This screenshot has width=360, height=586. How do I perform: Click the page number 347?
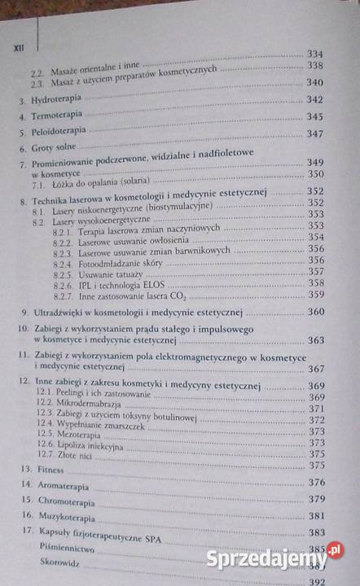tap(315, 133)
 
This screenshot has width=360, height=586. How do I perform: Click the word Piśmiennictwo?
tap(63, 549)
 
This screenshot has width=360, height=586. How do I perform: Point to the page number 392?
tap(316, 581)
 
